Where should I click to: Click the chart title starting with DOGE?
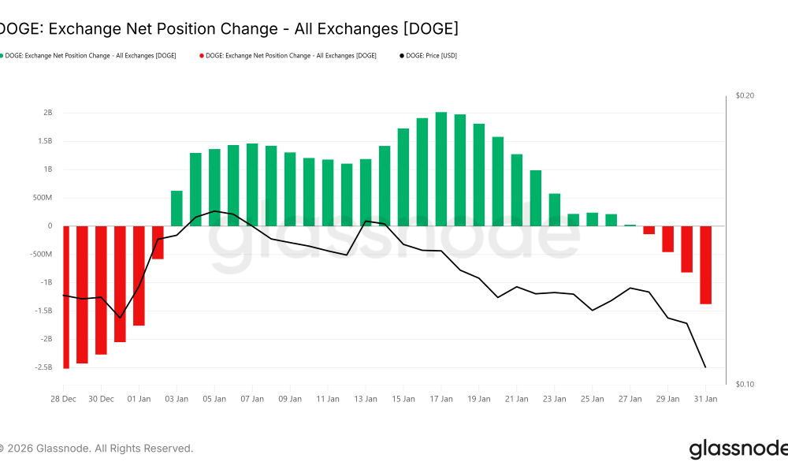coord(229,29)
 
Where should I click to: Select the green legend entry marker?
coord(2,56)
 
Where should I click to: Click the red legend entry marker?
coord(201,56)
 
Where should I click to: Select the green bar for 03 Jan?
coord(177,209)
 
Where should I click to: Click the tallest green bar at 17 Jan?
coord(441,169)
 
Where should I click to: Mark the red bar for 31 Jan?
coord(705,265)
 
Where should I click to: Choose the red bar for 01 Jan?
coord(139,276)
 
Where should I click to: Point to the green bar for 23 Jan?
coord(555,210)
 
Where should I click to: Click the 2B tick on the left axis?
coord(47,113)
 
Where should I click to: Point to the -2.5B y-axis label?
coord(43,367)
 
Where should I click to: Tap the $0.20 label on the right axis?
coord(745,95)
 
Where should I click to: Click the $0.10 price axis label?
coord(745,384)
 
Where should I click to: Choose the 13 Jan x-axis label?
coord(366,399)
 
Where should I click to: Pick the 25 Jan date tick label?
coord(593,399)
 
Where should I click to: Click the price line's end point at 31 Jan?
coord(705,367)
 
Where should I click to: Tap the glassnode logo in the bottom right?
coord(738,449)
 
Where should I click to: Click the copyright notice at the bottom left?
coord(96,449)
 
